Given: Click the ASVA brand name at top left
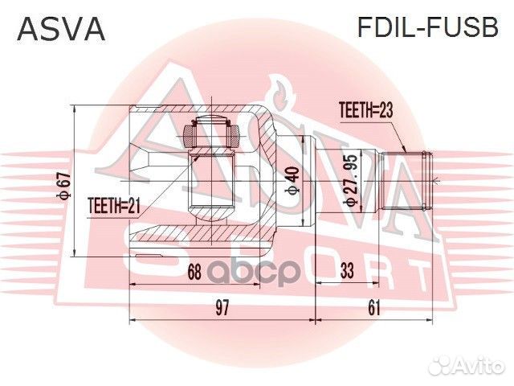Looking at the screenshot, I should pos(62,29).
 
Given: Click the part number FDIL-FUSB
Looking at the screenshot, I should pos(427,29).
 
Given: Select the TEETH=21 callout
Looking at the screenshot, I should pos(114,207).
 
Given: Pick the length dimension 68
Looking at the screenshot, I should pos(194,272).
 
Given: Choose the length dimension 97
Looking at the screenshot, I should pos(222,306).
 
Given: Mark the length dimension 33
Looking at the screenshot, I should pos(347,272).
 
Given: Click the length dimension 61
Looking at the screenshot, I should pos(373,306).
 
